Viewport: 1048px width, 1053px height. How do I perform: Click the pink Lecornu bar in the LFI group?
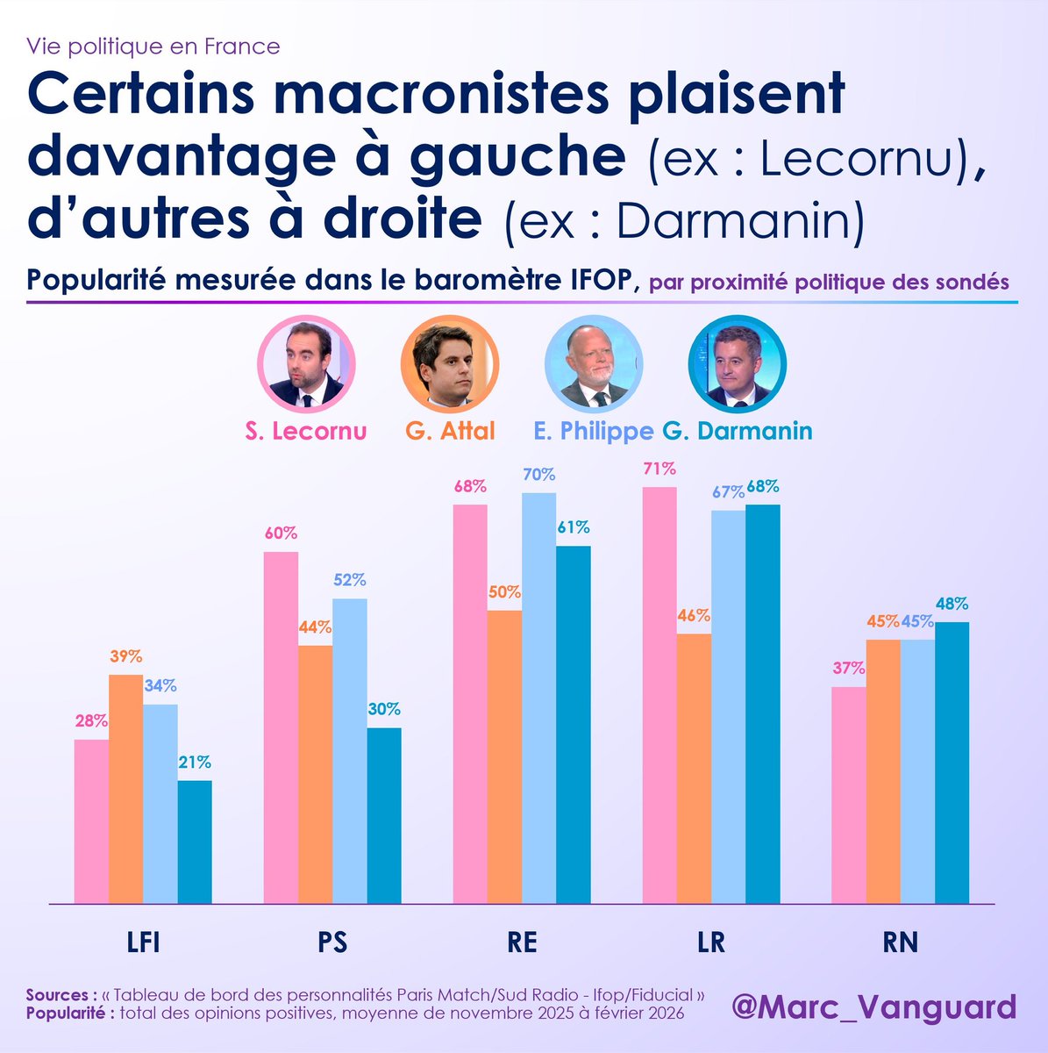91,820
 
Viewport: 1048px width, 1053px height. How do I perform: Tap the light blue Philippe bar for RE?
538,698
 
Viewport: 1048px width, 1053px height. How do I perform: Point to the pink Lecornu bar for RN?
848,794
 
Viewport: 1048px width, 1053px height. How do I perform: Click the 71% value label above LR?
659,469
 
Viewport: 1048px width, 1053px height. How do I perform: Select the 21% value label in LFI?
195,763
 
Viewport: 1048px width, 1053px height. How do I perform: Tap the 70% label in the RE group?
538,475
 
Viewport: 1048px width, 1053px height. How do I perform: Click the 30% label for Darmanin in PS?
384,709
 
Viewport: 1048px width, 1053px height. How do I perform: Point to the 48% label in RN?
952,604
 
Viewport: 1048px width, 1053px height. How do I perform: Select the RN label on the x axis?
900,942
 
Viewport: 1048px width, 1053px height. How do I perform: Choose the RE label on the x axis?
522,942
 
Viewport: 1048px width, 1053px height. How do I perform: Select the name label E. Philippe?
593,431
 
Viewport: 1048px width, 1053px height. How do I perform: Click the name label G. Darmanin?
737,431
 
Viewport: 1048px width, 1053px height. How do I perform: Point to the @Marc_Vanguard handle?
873,1006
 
